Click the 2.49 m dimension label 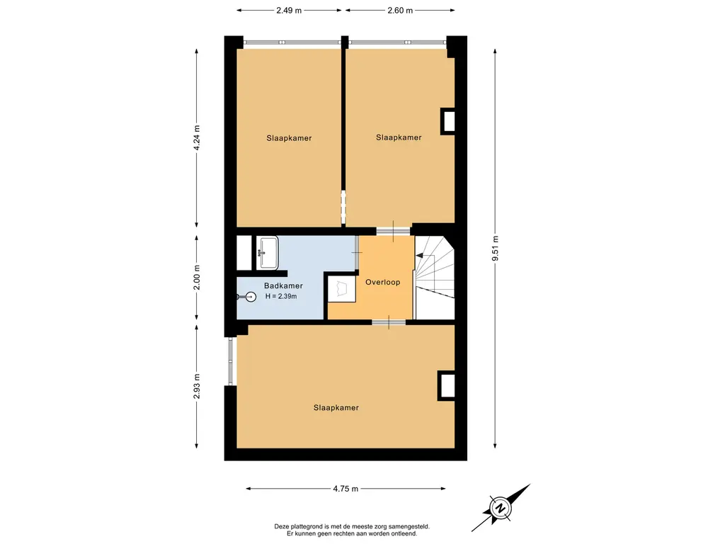click(289, 10)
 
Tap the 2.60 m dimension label click(400, 10)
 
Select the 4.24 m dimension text click(197, 137)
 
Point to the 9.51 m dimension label click(495, 249)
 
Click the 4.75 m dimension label click(346, 489)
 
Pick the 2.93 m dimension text click(197, 386)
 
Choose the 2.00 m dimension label click(197, 278)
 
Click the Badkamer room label click(283, 286)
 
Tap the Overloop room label click(383, 282)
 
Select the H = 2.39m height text click(281, 296)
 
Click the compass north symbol click(501, 508)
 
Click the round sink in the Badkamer click(250, 297)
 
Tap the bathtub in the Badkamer click(268, 253)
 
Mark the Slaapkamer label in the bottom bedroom click(336, 407)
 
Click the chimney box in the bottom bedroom click(447, 385)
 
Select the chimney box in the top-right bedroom click(447, 121)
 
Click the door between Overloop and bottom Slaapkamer click(389, 322)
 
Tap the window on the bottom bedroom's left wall click(231, 361)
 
